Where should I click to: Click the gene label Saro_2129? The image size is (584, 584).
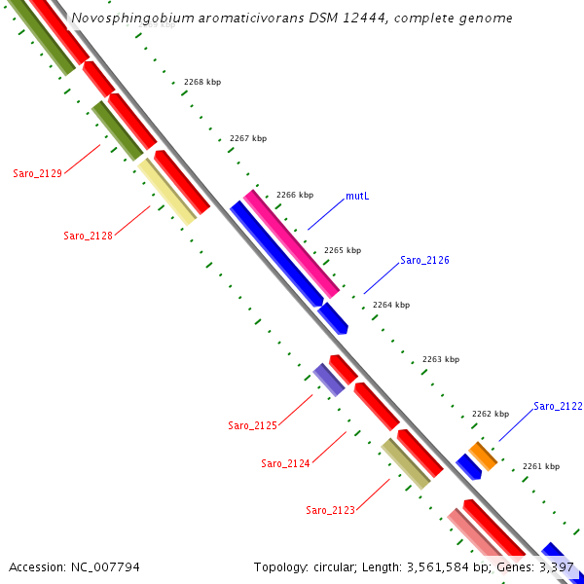pos(37,173)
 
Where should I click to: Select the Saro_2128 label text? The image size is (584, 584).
pos(88,236)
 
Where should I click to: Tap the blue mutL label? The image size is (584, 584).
pos(357,196)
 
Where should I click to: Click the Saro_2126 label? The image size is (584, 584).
pos(424,260)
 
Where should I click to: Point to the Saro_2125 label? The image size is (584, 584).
pos(252,425)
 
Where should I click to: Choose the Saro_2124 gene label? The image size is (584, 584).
pos(285,463)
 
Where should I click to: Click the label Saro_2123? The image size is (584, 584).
pos(330,510)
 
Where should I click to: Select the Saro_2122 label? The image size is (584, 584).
pos(558,406)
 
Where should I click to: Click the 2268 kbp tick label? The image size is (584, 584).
pos(202,82)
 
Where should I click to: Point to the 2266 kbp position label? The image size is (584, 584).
pos(295,195)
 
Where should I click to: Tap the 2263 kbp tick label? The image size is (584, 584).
pos(440,359)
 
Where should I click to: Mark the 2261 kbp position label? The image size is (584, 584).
pos(541,466)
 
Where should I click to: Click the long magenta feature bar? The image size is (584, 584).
pos(291,243)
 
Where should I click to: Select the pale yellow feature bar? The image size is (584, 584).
pos(165,192)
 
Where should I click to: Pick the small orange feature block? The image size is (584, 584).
pos(484,456)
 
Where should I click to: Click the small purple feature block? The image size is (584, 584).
pos(329,380)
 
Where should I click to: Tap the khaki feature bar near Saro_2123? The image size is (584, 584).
pos(406,463)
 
